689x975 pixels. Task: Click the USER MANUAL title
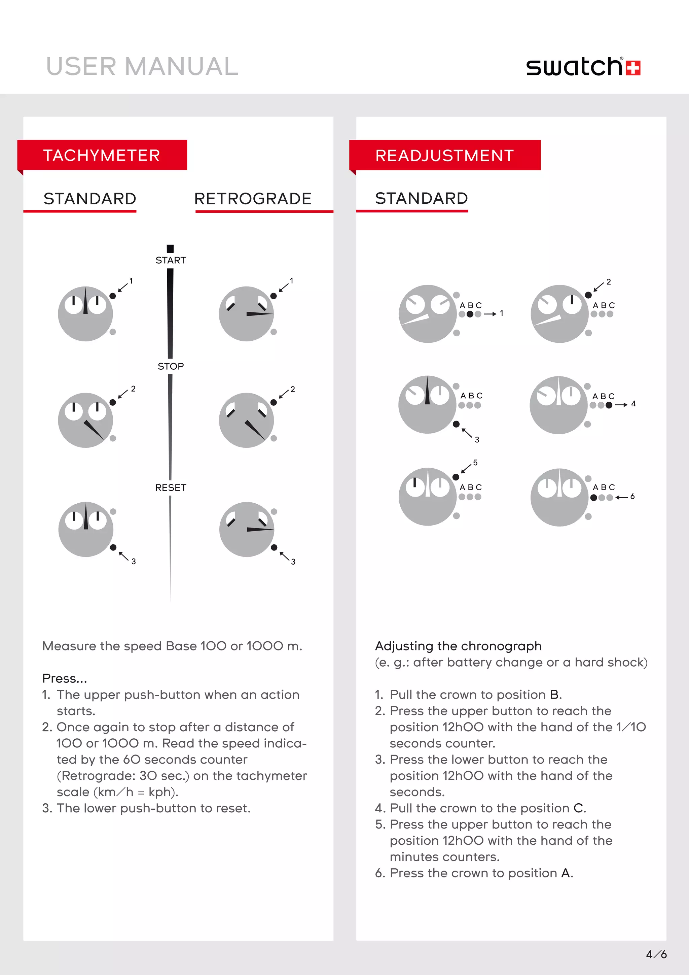[x=142, y=67]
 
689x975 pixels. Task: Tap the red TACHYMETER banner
[x=102, y=156]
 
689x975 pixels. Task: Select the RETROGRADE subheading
[x=253, y=199]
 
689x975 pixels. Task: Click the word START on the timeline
[x=171, y=260]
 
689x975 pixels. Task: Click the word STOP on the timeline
[x=171, y=366]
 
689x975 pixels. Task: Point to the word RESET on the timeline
[x=171, y=487]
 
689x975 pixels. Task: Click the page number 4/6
[x=656, y=954]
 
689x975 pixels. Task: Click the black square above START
[x=170, y=248]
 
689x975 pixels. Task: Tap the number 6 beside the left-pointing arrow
[x=632, y=496]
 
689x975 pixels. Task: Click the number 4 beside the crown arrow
[x=633, y=403]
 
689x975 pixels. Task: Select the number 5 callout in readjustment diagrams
[x=475, y=463]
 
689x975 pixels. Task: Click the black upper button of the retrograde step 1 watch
[x=274, y=296]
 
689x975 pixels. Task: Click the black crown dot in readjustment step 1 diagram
[x=470, y=314]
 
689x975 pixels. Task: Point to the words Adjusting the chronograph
[x=458, y=646]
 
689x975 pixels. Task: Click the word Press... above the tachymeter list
[x=65, y=678]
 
